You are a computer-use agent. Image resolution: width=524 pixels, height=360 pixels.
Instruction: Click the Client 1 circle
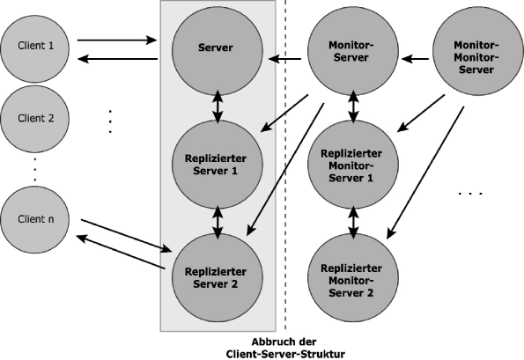pos(33,47)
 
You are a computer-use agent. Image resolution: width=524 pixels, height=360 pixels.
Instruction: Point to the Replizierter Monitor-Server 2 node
pos(352,278)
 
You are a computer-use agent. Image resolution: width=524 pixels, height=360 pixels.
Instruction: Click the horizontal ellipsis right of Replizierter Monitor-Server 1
pos(473,190)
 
